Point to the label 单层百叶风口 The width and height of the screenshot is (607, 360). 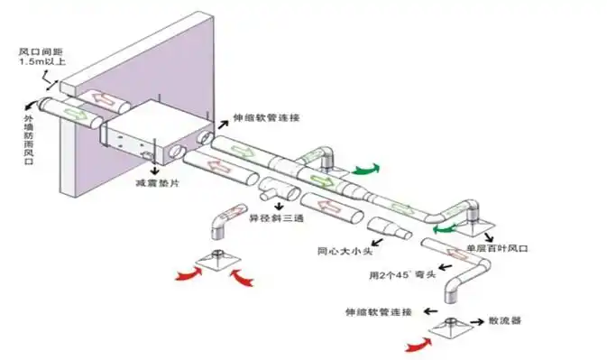pos(495,247)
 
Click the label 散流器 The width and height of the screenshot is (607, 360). pos(506,320)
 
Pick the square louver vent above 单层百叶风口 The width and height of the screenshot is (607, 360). pos(475,218)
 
